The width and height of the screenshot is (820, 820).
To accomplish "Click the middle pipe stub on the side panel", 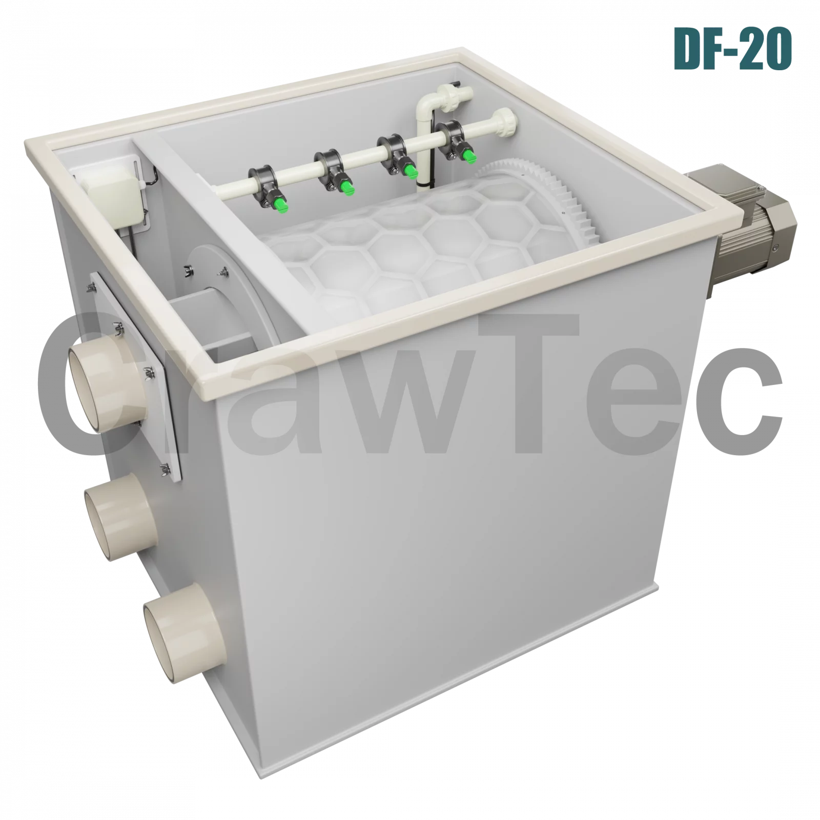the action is pyautogui.click(x=121, y=516).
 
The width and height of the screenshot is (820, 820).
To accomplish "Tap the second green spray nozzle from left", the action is pyautogui.click(x=348, y=189).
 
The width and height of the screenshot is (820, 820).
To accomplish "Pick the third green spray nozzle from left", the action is pyautogui.click(x=409, y=171).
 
